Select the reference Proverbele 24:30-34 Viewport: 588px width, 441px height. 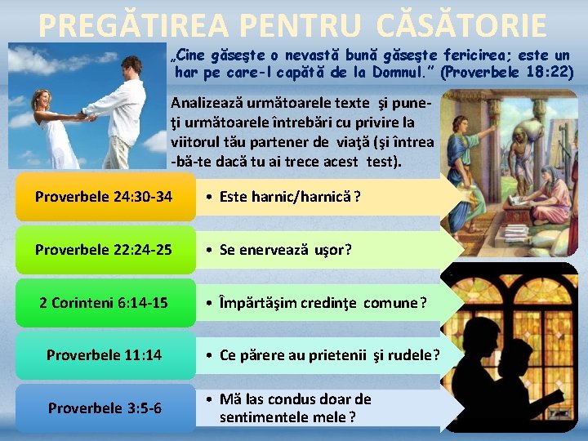pos(104,197)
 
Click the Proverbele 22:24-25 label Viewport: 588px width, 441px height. pos(104,250)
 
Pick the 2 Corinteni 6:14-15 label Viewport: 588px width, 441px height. pos(104,303)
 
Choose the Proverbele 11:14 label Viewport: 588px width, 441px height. pos(104,355)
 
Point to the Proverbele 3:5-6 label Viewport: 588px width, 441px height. pos(104,408)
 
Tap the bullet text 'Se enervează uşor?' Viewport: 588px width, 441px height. pos(285,250)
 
